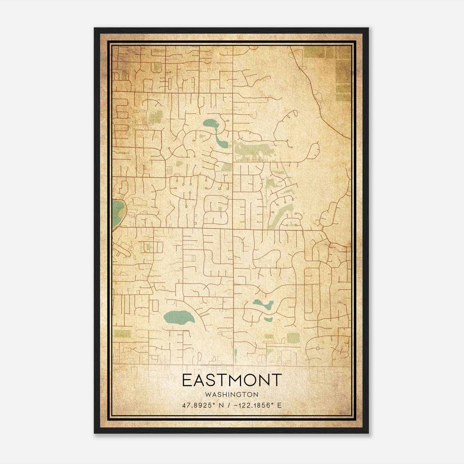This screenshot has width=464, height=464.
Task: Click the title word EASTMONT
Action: point(232,380)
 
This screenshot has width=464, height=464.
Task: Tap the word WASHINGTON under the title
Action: point(232,395)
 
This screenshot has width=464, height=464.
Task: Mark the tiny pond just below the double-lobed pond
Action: point(268,320)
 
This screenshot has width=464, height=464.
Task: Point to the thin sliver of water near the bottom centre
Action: point(235,353)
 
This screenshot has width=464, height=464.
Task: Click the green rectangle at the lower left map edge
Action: point(122,334)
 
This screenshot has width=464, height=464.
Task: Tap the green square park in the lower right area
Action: point(293,338)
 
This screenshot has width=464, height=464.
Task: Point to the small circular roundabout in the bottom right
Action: point(318,348)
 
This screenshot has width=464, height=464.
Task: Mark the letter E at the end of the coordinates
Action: point(279,405)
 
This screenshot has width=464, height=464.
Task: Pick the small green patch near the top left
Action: point(157,67)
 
